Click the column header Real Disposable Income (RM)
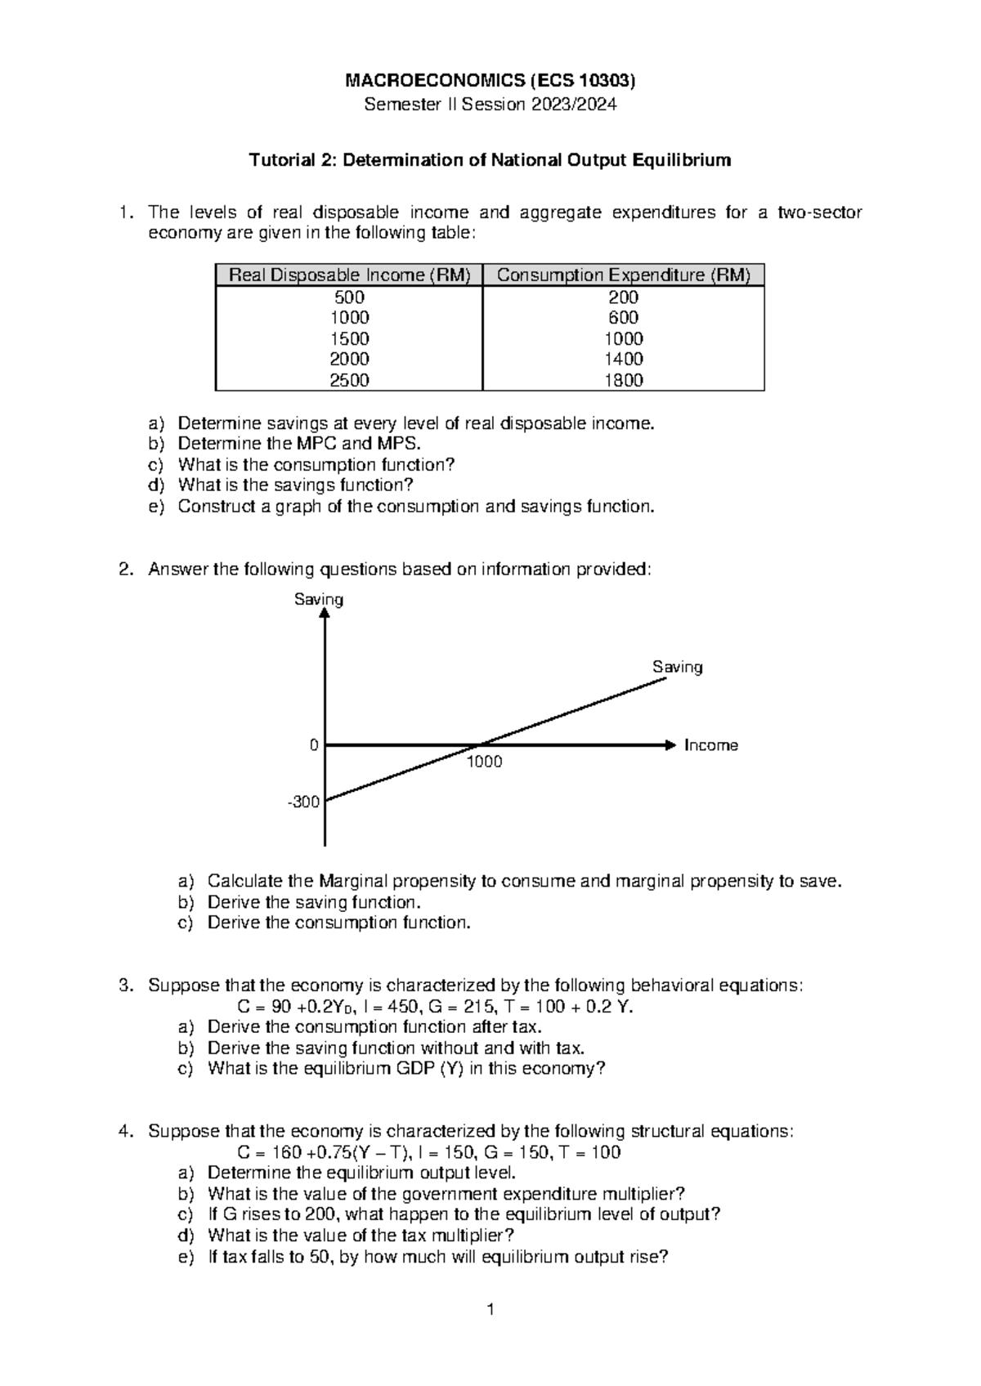tap(349, 275)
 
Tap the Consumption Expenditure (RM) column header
tap(623, 275)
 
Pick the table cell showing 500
tap(349, 297)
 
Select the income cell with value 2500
tap(349, 380)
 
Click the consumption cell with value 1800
tap(623, 380)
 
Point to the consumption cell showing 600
tap(623, 318)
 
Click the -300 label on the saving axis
tap(303, 803)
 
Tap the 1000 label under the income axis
tap(484, 762)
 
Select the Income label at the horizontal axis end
tap(710, 745)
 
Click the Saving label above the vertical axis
tap(319, 600)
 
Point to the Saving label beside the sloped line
tap(677, 668)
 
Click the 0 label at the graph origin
tap(313, 745)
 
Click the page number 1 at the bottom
tap(490, 1311)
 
